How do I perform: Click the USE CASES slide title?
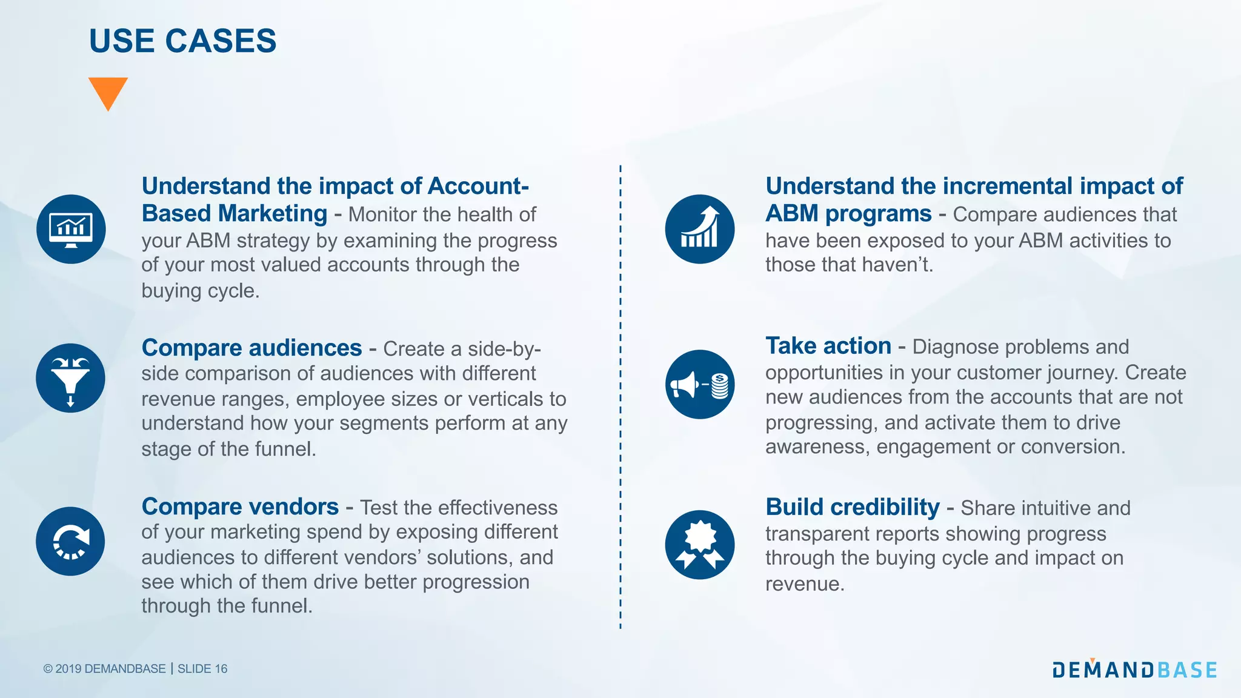pos(182,41)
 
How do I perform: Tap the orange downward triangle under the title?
pos(108,91)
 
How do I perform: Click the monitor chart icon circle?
pos(71,229)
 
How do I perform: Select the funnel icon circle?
pos(70,378)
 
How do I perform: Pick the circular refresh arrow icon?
pos(70,541)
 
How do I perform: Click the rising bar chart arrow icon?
pos(699,229)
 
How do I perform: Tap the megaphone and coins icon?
pos(699,384)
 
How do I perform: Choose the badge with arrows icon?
pos(699,544)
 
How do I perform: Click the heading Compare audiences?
pos(251,348)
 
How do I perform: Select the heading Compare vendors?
pos(240,507)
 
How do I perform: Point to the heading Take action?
pos(828,346)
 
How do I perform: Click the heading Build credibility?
pos(852,507)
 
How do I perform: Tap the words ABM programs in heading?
pos(848,214)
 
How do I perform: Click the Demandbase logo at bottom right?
pos(1134,669)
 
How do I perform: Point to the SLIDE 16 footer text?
pos(202,669)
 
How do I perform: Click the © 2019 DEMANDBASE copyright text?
pos(104,669)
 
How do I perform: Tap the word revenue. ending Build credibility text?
pos(804,584)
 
